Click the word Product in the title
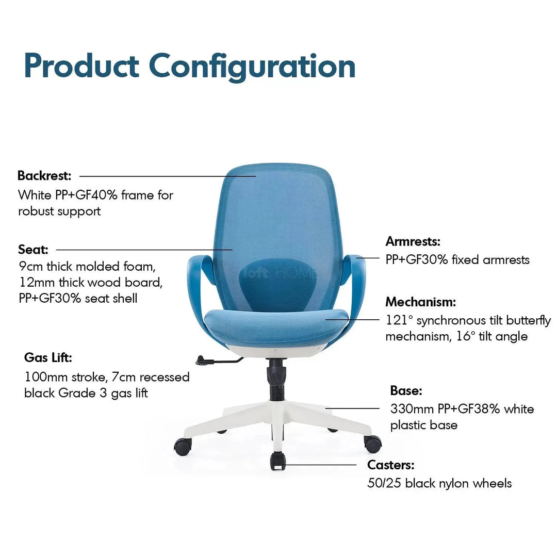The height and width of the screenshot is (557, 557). coord(81,66)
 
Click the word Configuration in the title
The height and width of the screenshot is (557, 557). coord(252,67)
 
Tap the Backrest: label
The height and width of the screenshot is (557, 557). coord(44,176)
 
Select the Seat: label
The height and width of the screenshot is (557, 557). coord(33,250)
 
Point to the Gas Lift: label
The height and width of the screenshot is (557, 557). coord(48,357)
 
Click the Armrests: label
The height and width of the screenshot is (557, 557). coord(413,241)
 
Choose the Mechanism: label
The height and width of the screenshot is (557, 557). coord(421,302)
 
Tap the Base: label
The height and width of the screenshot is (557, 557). coord(406,391)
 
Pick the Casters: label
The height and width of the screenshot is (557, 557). coord(390,465)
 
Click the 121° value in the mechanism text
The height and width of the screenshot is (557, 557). coord(400,320)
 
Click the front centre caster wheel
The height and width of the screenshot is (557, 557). coord(277,460)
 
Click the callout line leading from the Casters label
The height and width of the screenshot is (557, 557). coord(320,465)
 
